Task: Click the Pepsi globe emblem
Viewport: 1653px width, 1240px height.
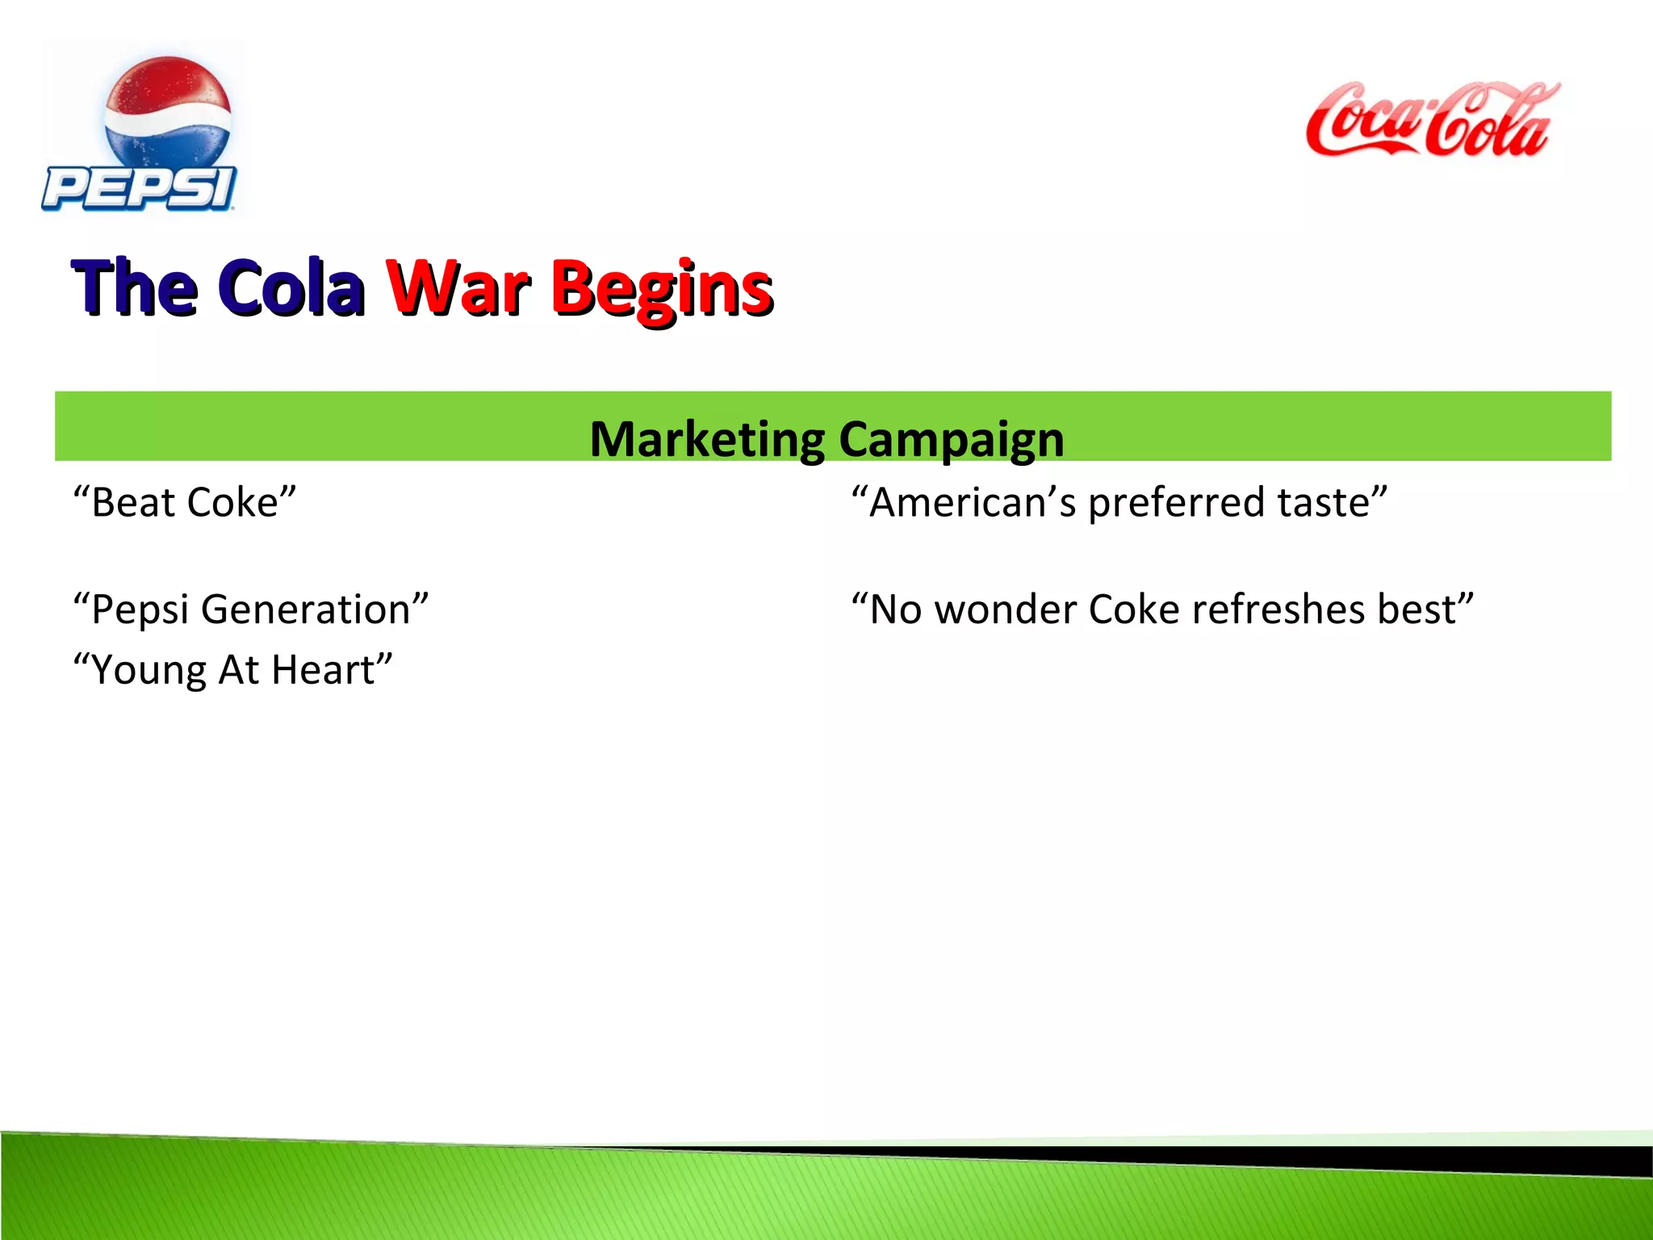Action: [x=168, y=113]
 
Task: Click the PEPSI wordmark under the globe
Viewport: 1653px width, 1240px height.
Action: [x=139, y=189]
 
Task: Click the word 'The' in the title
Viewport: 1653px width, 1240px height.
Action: [x=134, y=287]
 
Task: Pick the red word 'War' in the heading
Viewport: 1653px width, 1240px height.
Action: [x=458, y=287]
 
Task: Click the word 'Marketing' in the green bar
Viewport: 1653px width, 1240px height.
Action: [x=707, y=439]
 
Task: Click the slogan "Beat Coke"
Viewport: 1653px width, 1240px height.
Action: [x=185, y=502]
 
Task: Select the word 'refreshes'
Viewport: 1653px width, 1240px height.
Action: [x=1278, y=610]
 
